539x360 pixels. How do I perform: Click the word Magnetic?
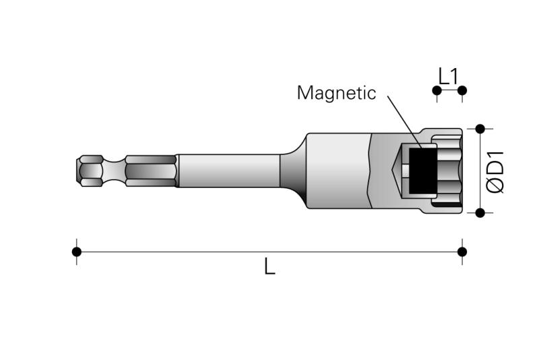336,93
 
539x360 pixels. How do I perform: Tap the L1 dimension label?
449,76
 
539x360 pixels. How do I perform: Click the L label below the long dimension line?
270,266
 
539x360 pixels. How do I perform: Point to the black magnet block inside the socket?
423,171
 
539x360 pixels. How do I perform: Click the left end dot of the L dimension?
77,251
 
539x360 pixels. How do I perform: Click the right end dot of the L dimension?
462,251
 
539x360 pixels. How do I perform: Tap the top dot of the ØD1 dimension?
480,129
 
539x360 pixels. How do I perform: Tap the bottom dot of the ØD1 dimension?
480,213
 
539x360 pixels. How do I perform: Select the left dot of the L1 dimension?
437,90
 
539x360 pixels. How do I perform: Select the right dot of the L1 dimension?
462,90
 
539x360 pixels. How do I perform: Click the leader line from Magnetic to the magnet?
405,122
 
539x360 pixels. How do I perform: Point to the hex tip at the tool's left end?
90,171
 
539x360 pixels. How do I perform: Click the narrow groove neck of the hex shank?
114,171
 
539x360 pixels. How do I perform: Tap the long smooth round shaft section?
228,171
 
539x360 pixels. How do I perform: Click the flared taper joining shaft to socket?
293,171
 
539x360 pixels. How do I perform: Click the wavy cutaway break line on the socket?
371,171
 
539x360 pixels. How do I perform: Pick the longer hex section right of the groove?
151,171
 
